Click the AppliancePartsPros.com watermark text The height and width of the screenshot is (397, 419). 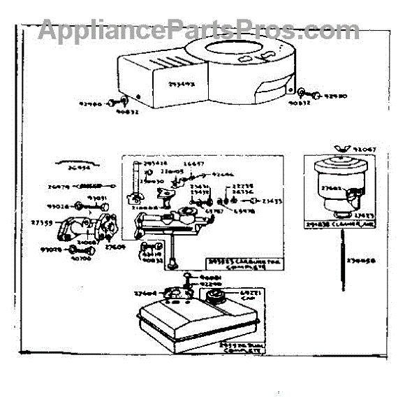coord(199,29)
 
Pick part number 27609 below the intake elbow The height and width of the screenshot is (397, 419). coord(115,246)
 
